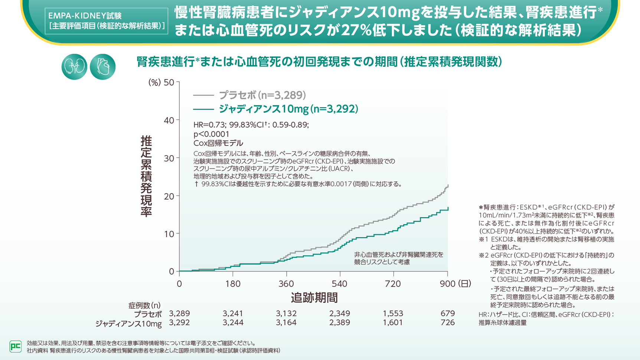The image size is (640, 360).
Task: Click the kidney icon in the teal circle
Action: tap(75, 67)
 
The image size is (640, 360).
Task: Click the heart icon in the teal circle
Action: tap(103, 67)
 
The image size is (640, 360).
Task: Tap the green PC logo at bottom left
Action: tap(15, 347)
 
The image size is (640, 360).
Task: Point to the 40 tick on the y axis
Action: tap(169, 120)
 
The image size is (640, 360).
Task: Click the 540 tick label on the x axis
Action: tap(339, 284)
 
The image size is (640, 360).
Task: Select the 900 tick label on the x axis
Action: tap(447, 284)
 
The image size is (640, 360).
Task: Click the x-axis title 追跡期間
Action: tap(314, 298)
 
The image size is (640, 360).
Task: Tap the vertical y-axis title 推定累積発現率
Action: tap(146, 176)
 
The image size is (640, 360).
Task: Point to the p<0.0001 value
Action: tap(211, 134)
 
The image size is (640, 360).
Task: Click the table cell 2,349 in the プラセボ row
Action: tap(339, 314)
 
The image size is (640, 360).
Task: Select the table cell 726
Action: tap(447, 323)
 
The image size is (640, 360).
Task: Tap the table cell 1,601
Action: tap(393, 323)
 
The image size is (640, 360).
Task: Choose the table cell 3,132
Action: tap(286, 314)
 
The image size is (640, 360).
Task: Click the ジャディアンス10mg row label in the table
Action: tap(128, 324)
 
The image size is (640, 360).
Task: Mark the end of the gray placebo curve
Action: tap(448, 185)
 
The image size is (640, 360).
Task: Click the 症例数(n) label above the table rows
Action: tap(144, 305)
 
